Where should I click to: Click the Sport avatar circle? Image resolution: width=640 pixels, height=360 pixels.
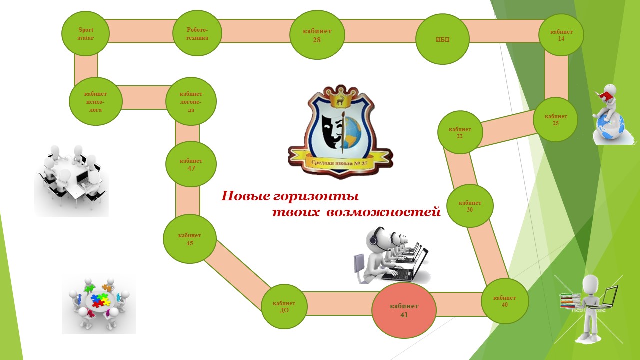[x=85, y=34]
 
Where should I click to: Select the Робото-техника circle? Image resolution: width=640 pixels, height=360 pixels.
[x=197, y=34]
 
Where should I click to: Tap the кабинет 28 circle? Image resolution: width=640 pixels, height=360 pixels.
[x=317, y=35]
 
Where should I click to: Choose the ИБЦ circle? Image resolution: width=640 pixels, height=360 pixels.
[x=442, y=39]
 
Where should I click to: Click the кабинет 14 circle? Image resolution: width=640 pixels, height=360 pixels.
[x=561, y=35]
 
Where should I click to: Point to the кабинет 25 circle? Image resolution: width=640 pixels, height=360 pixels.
[x=555, y=120]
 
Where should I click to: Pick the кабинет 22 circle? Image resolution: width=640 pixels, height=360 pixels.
[x=460, y=132]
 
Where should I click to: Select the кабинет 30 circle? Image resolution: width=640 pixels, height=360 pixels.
[x=470, y=206]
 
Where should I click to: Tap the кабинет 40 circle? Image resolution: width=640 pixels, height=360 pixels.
[x=504, y=301]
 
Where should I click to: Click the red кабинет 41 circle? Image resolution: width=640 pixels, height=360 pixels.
[x=404, y=310]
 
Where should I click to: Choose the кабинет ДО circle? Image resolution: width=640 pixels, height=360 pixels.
[x=284, y=306]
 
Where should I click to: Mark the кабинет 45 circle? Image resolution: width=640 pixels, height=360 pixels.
[x=189, y=239]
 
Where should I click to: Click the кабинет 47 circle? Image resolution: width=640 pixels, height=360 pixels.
[x=191, y=164]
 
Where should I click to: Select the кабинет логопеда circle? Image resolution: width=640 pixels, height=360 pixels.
[x=191, y=101]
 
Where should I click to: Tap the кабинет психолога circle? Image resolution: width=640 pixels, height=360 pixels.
[x=95, y=101]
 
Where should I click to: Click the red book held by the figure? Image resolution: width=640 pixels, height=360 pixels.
[x=605, y=95]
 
